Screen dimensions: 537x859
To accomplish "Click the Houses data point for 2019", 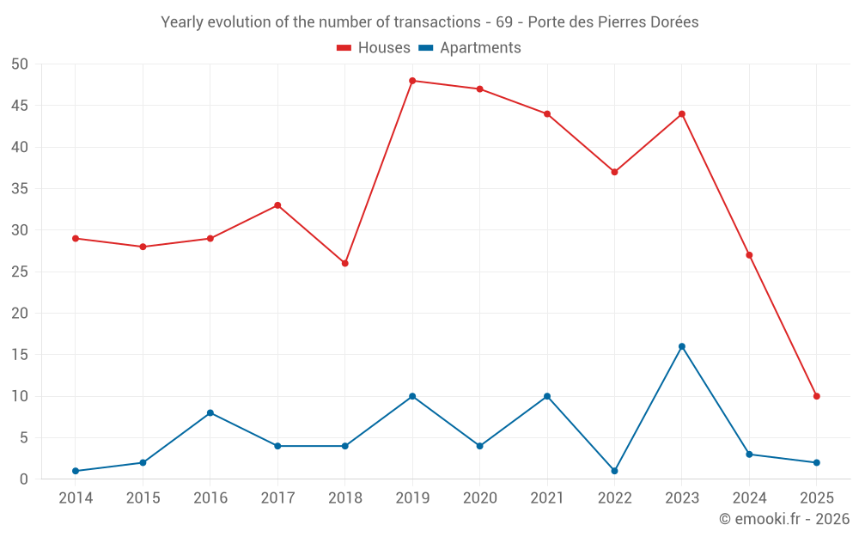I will coord(412,81).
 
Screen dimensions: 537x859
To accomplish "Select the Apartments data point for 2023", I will coord(682,346).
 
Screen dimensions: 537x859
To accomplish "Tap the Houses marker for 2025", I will coord(817,396).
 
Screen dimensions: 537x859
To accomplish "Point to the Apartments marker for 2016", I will coord(210,412).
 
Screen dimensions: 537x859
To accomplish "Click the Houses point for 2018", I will coord(345,263).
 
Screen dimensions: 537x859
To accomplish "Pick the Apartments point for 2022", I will coord(614,471).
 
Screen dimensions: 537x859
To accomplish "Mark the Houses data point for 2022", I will coord(614,172).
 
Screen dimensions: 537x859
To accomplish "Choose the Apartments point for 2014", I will coord(76,471).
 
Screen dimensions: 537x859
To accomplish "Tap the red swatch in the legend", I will coord(344,48).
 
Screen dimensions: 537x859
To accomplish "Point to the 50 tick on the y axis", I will coord(21,64).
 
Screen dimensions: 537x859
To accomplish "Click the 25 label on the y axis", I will coord(21,272).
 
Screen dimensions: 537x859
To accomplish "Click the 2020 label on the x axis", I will coord(479,498).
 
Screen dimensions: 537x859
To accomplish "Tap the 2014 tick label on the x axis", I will coord(76,498).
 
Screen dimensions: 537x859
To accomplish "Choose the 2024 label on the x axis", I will coord(749,498).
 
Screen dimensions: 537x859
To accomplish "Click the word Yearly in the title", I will coord(183,22).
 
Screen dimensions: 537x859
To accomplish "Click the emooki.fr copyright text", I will coord(784,519).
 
